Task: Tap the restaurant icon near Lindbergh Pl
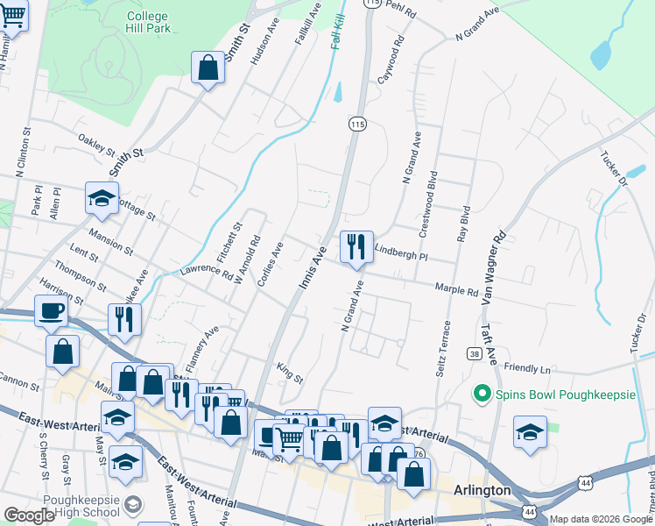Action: pos(356,246)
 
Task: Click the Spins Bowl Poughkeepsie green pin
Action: pos(480,395)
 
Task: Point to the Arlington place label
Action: pos(482,491)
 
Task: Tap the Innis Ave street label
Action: pos(313,260)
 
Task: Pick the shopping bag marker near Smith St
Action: pos(208,67)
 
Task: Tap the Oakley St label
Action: pos(96,143)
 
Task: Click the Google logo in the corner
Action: pos(28,515)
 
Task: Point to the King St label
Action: pos(289,373)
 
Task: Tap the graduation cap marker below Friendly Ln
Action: pos(530,432)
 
